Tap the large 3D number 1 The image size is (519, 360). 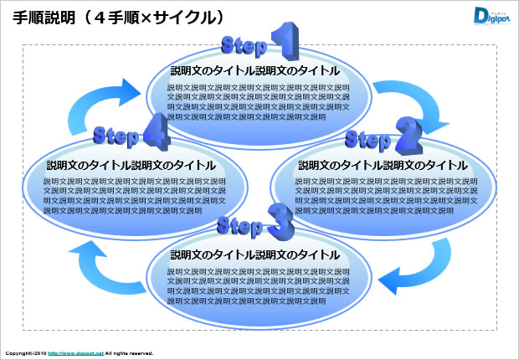(283, 42)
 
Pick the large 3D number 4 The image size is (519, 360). (156, 131)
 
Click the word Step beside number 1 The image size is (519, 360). (244, 44)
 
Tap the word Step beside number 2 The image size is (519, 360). (368, 138)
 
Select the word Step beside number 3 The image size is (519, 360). (240, 224)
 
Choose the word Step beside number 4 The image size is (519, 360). (116, 134)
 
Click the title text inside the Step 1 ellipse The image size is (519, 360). (254, 71)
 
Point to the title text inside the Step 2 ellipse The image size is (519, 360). (383, 165)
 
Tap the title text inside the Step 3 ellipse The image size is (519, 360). (254, 255)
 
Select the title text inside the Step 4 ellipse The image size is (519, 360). (131, 165)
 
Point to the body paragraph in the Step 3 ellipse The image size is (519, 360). (258, 285)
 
